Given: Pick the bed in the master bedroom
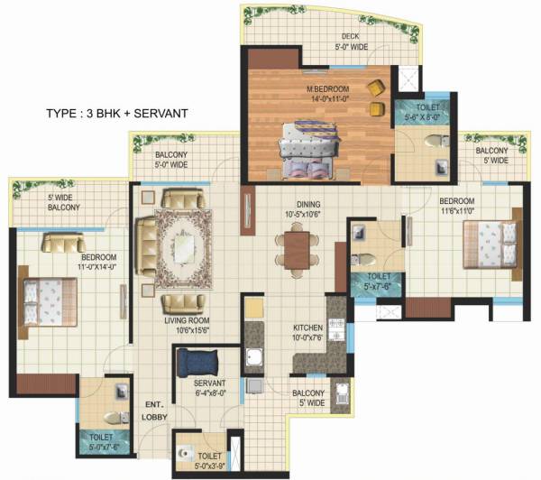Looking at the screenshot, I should pyautogui.click(x=311, y=145).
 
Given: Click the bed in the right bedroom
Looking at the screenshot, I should pyautogui.click(x=491, y=244).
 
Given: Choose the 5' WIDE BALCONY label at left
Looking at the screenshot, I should pyautogui.click(x=63, y=202).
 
